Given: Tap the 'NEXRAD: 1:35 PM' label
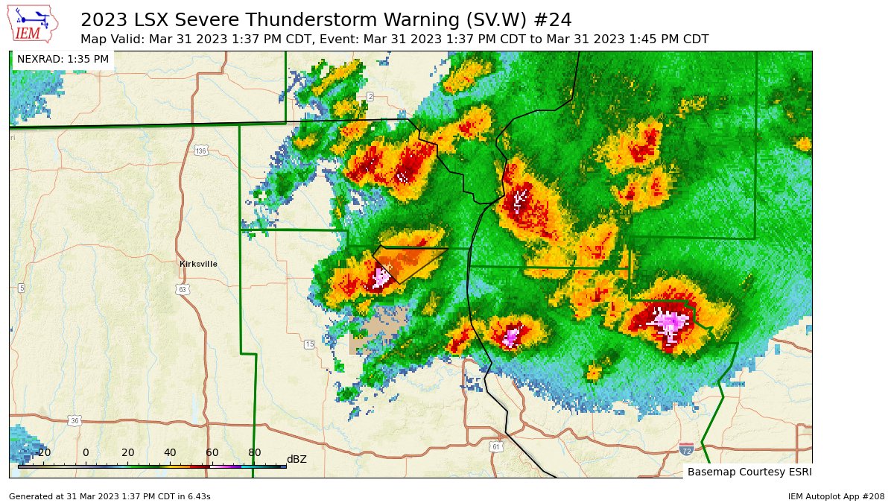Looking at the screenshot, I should pyautogui.click(x=63, y=59).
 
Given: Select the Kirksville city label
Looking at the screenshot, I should pyautogui.click(x=198, y=264).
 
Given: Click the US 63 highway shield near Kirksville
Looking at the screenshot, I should pyautogui.click(x=182, y=288).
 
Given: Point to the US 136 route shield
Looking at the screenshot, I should pyautogui.click(x=200, y=151).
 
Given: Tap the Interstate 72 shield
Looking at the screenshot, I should pyautogui.click(x=686, y=449).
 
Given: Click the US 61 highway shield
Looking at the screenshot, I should pyautogui.click(x=496, y=446).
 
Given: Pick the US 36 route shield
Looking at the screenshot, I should pyautogui.click(x=74, y=421).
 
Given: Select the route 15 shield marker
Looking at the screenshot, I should pyautogui.click(x=309, y=344).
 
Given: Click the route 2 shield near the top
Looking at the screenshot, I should pyautogui.click(x=370, y=97).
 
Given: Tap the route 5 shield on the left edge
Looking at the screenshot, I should pyautogui.click(x=21, y=288).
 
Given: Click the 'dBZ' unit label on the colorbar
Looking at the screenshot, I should pyautogui.click(x=297, y=459).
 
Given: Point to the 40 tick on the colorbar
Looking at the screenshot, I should pyautogui.click(x=170, y=453).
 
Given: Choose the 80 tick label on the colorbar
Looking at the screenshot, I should pyautogui.click(x=254, y=453).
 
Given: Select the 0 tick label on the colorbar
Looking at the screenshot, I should pyautogui.click(x=86, y=453).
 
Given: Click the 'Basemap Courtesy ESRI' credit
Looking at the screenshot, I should pyautogui.click(x=749, y=472).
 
